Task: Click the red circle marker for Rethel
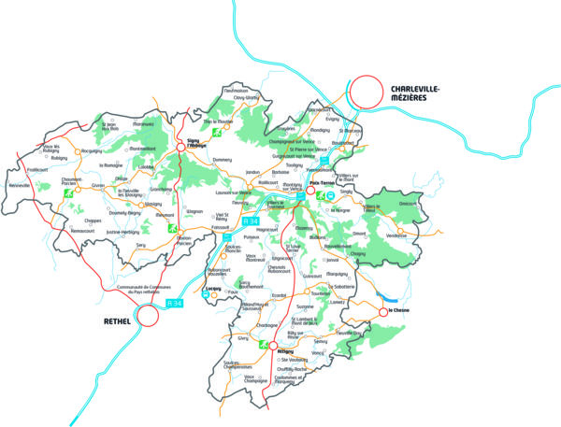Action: (147, 317)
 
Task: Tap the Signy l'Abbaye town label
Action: (197, 143)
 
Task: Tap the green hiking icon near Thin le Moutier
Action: (217, 133)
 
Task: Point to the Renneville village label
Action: (21, 186)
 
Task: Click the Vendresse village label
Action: (396, 235)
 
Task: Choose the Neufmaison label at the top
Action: (236, 91)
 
